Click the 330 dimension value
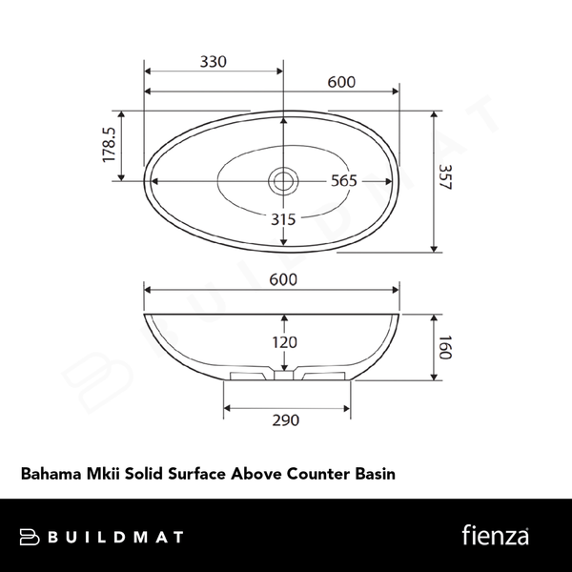(213, 62)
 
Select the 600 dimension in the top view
(341, 82)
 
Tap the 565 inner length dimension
(343, 180)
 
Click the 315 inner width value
(283, 218)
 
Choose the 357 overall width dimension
(444, 179)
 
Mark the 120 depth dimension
(283, 341)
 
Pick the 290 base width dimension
(286, 419)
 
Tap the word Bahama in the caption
(50, 472)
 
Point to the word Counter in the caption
(319, 472)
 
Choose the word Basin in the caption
(375, 472)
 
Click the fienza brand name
(495, 535)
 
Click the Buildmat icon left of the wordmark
(30, 537)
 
